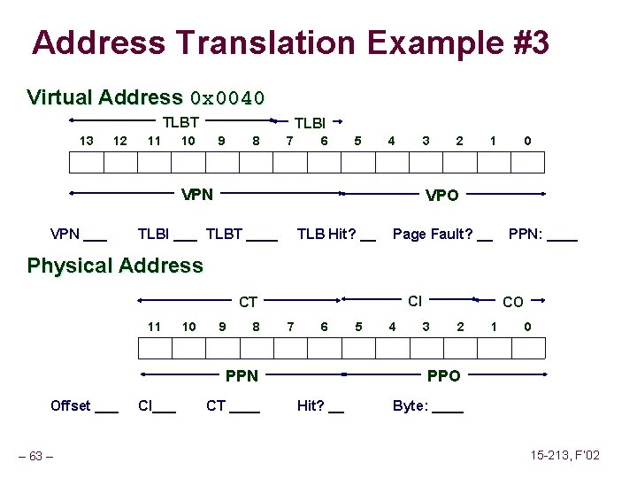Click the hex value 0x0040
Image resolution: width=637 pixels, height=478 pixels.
click(227, 97)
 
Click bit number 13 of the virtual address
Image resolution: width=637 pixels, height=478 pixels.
click(86, 141)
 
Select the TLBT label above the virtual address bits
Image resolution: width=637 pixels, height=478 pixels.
click(180, 123)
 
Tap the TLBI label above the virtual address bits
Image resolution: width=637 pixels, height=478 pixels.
click(310, 124)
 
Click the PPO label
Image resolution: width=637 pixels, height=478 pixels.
click(443, 376)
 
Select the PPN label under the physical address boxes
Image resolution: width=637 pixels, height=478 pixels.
click(242, 376)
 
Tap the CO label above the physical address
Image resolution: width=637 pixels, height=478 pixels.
click(513, 303)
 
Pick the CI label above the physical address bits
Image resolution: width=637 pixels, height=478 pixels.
click(414, 302)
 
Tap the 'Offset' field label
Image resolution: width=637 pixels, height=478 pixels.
click(71, 406)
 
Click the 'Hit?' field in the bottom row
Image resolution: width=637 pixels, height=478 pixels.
click(311, 406)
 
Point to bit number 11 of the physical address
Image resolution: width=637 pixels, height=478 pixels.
click(154, 327)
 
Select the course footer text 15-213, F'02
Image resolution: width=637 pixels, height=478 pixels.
click(565, 455)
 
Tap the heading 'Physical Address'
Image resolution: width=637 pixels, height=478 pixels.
click(115, 266)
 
